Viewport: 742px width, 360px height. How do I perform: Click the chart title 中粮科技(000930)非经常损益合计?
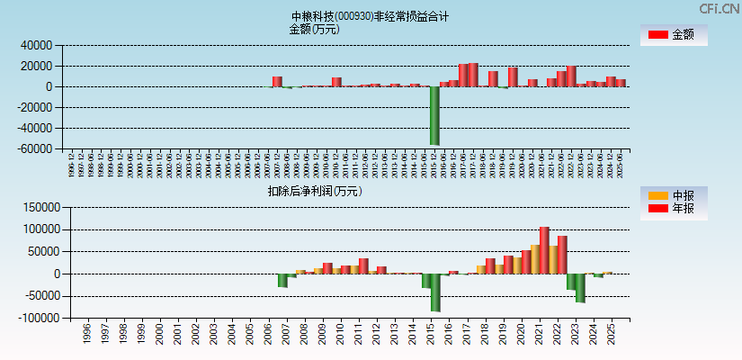coord(370,16)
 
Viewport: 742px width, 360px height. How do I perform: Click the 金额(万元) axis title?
coord(314,29)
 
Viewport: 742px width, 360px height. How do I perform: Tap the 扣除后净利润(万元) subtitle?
coord(314,191)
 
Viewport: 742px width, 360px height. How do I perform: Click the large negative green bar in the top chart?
coord(434,115)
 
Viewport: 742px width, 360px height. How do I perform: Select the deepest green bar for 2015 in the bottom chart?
coord(435,292)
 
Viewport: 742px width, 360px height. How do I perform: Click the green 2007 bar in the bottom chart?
coord(282,280)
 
